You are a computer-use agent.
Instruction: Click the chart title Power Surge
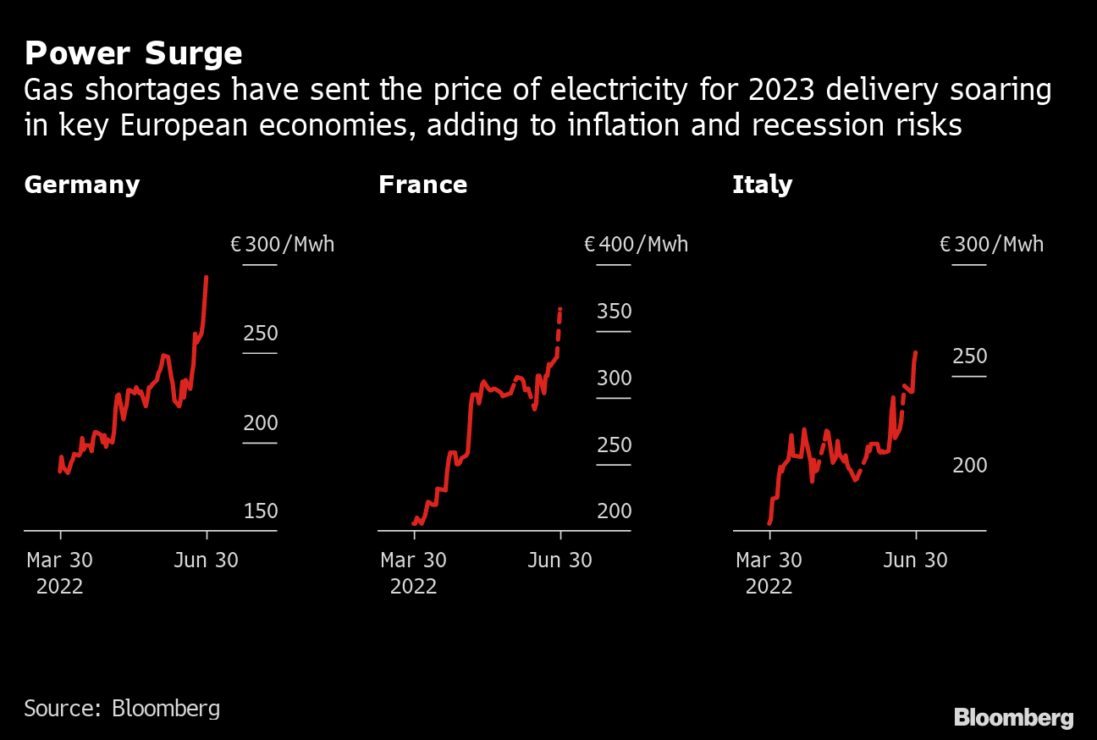[133, 54]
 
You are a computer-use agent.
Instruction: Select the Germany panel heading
[81, 185]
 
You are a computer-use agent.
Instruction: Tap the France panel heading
[422, 185]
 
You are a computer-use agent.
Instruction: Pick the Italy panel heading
[762, 185]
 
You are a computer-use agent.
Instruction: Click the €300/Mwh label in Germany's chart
[283, 245]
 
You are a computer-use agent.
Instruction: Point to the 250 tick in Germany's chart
[261, 334]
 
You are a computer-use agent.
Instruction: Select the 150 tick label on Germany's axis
[261, 511]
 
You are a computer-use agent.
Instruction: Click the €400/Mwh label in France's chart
[637, 245]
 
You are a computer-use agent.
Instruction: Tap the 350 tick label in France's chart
[615, 312]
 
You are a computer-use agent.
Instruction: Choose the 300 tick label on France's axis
[615, 378]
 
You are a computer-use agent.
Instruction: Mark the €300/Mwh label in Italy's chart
[991, 245]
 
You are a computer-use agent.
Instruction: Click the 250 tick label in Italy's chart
[970, 356]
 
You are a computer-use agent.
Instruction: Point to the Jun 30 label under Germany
[207, 560]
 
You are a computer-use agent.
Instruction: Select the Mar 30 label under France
[414, 560]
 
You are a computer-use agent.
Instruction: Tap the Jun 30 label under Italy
[916, 560]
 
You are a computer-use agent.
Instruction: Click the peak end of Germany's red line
[207, 278]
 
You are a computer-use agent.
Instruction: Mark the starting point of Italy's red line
[769, 522]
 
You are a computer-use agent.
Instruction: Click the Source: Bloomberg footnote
[122, 708]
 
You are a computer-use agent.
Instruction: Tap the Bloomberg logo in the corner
[1013, 718]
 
